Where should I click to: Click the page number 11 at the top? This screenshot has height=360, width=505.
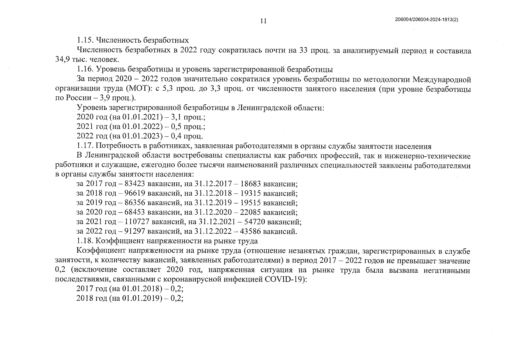(x=263, y=21)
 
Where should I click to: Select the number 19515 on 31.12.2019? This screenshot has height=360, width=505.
(x=251, y=203)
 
